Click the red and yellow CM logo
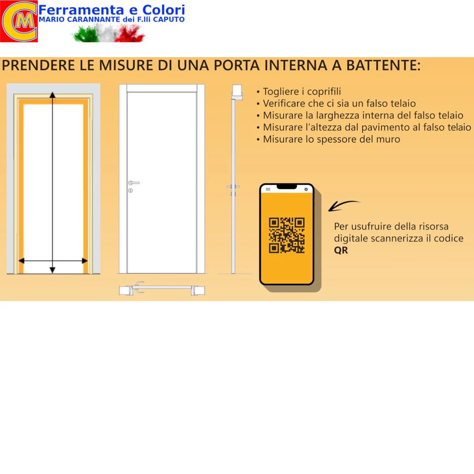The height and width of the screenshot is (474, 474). point(18,21)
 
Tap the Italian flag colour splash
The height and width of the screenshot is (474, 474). point(109,34)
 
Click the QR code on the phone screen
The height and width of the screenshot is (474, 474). point(286,236)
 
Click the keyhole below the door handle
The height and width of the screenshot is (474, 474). point(130,191)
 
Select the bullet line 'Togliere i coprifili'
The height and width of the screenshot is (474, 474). point(302,92)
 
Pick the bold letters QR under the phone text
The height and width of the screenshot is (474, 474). point(341,250)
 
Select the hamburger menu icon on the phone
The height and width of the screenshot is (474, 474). point(268,189)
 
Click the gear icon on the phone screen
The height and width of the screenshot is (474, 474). point(307,189)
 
